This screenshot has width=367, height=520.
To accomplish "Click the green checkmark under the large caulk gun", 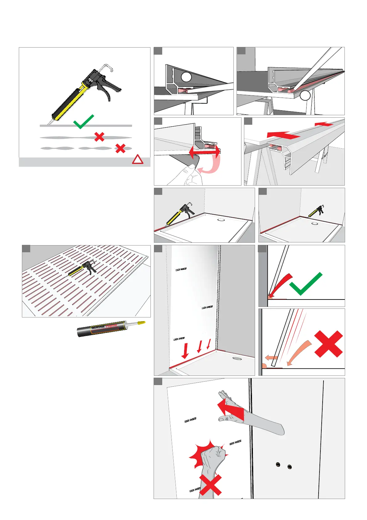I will [x=83, y=122].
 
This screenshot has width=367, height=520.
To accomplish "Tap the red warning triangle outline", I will [x=138, y=160].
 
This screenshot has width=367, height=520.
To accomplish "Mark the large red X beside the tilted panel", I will [x=328, y=344].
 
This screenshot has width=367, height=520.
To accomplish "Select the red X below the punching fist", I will [x=210, y=485].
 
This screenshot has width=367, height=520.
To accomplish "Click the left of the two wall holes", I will [x=278, y=464].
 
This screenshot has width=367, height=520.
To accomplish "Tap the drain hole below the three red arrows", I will [x=237, y=359].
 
